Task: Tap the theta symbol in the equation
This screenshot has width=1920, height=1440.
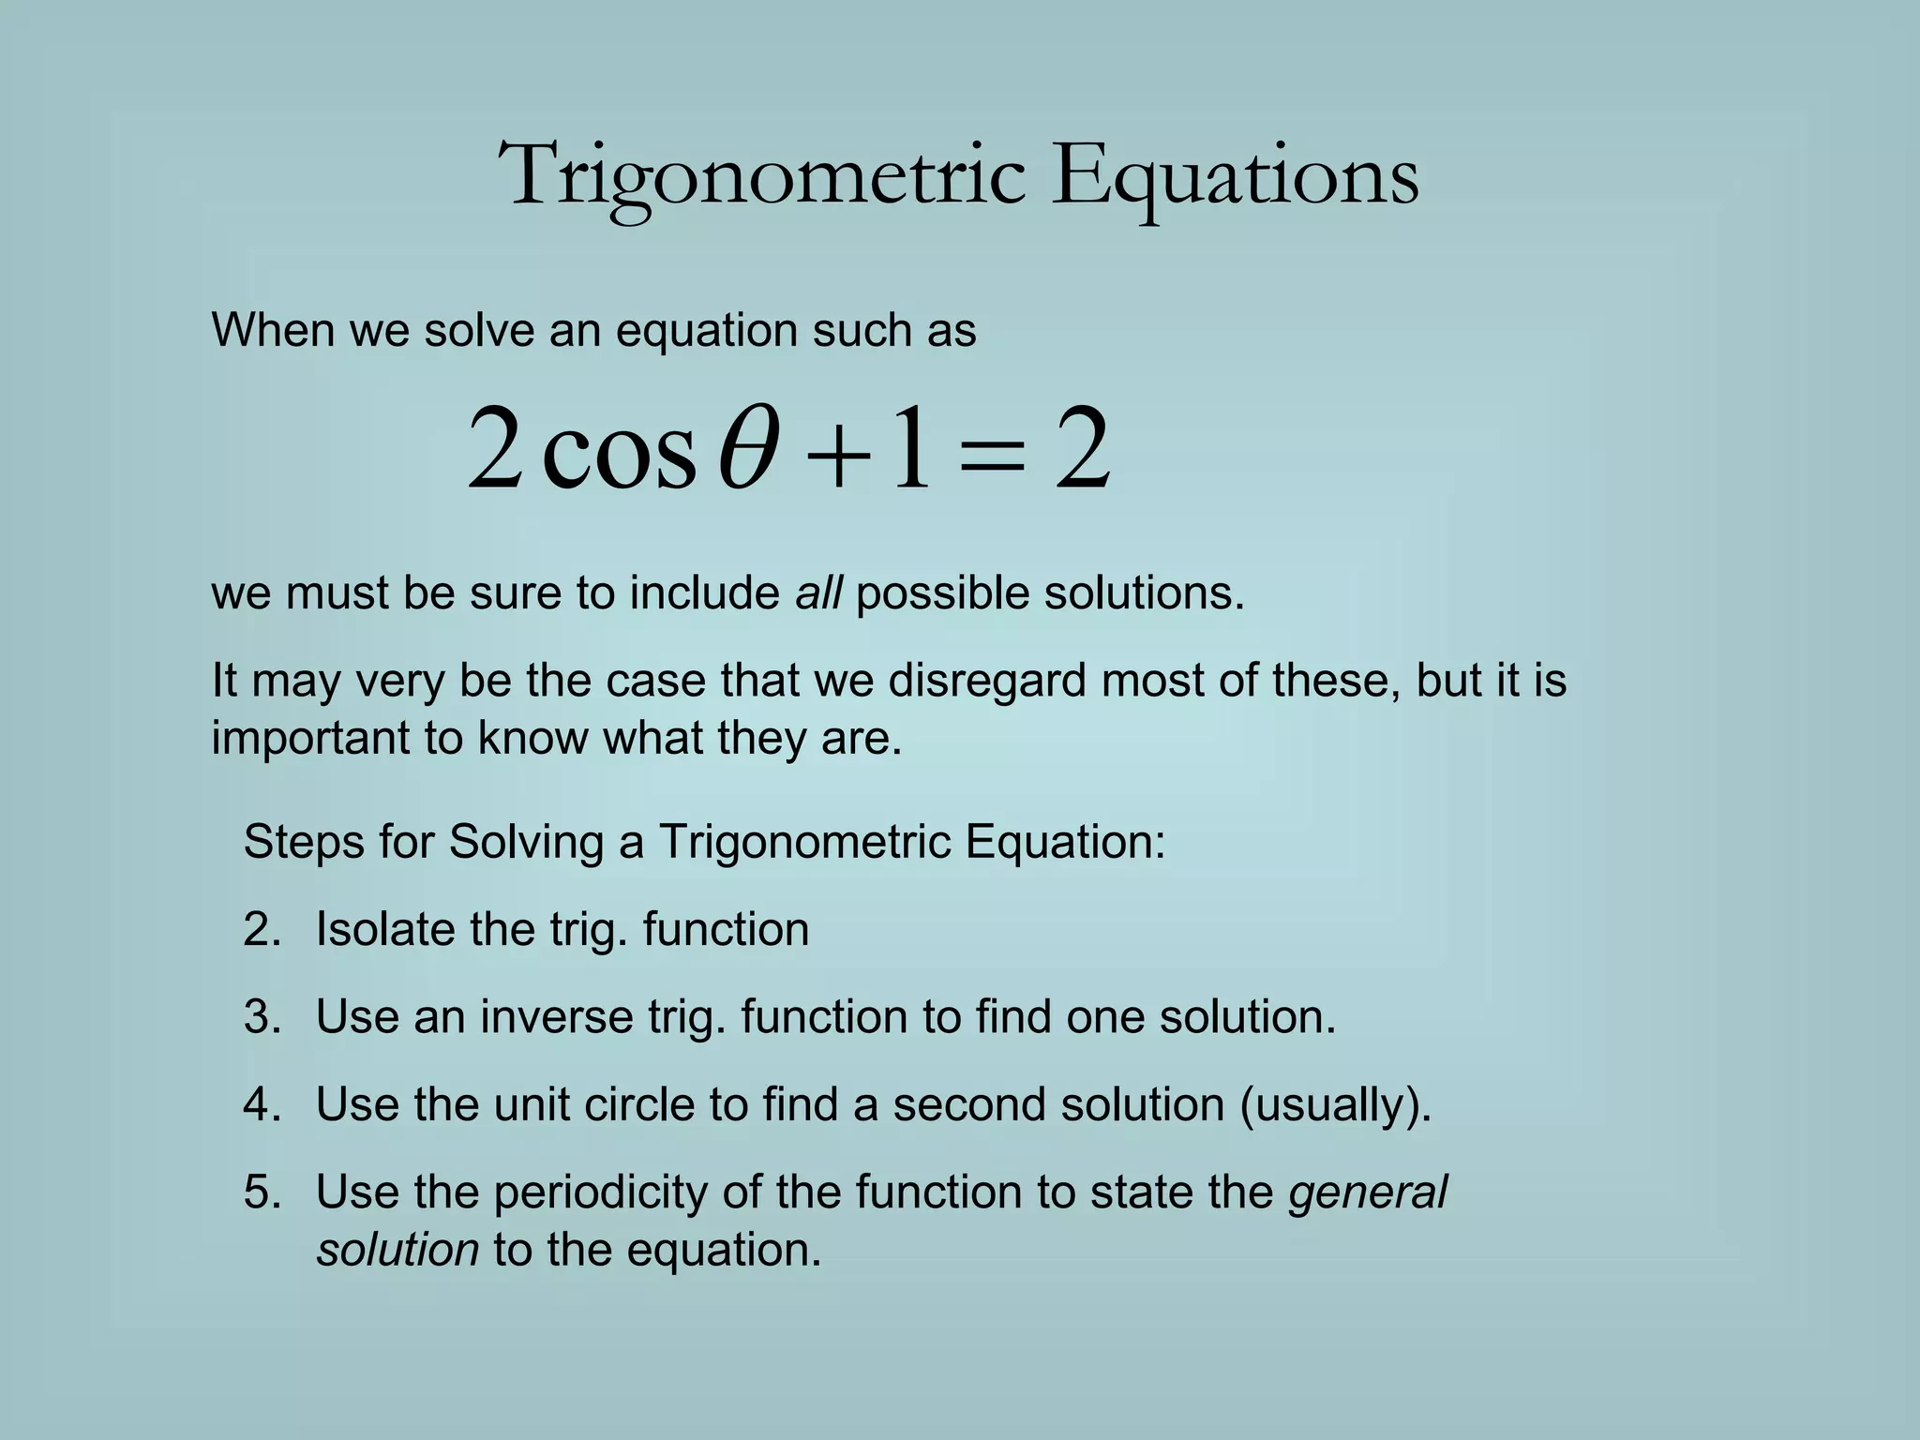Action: (x=747, y=448)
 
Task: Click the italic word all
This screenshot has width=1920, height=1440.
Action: (x=817, y=593)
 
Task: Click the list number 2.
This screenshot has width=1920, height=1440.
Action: (x=262, y=930)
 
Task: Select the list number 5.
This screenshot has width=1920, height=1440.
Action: (x=262, y=1192)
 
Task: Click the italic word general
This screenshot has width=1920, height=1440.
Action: (x=1368, y=1193)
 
